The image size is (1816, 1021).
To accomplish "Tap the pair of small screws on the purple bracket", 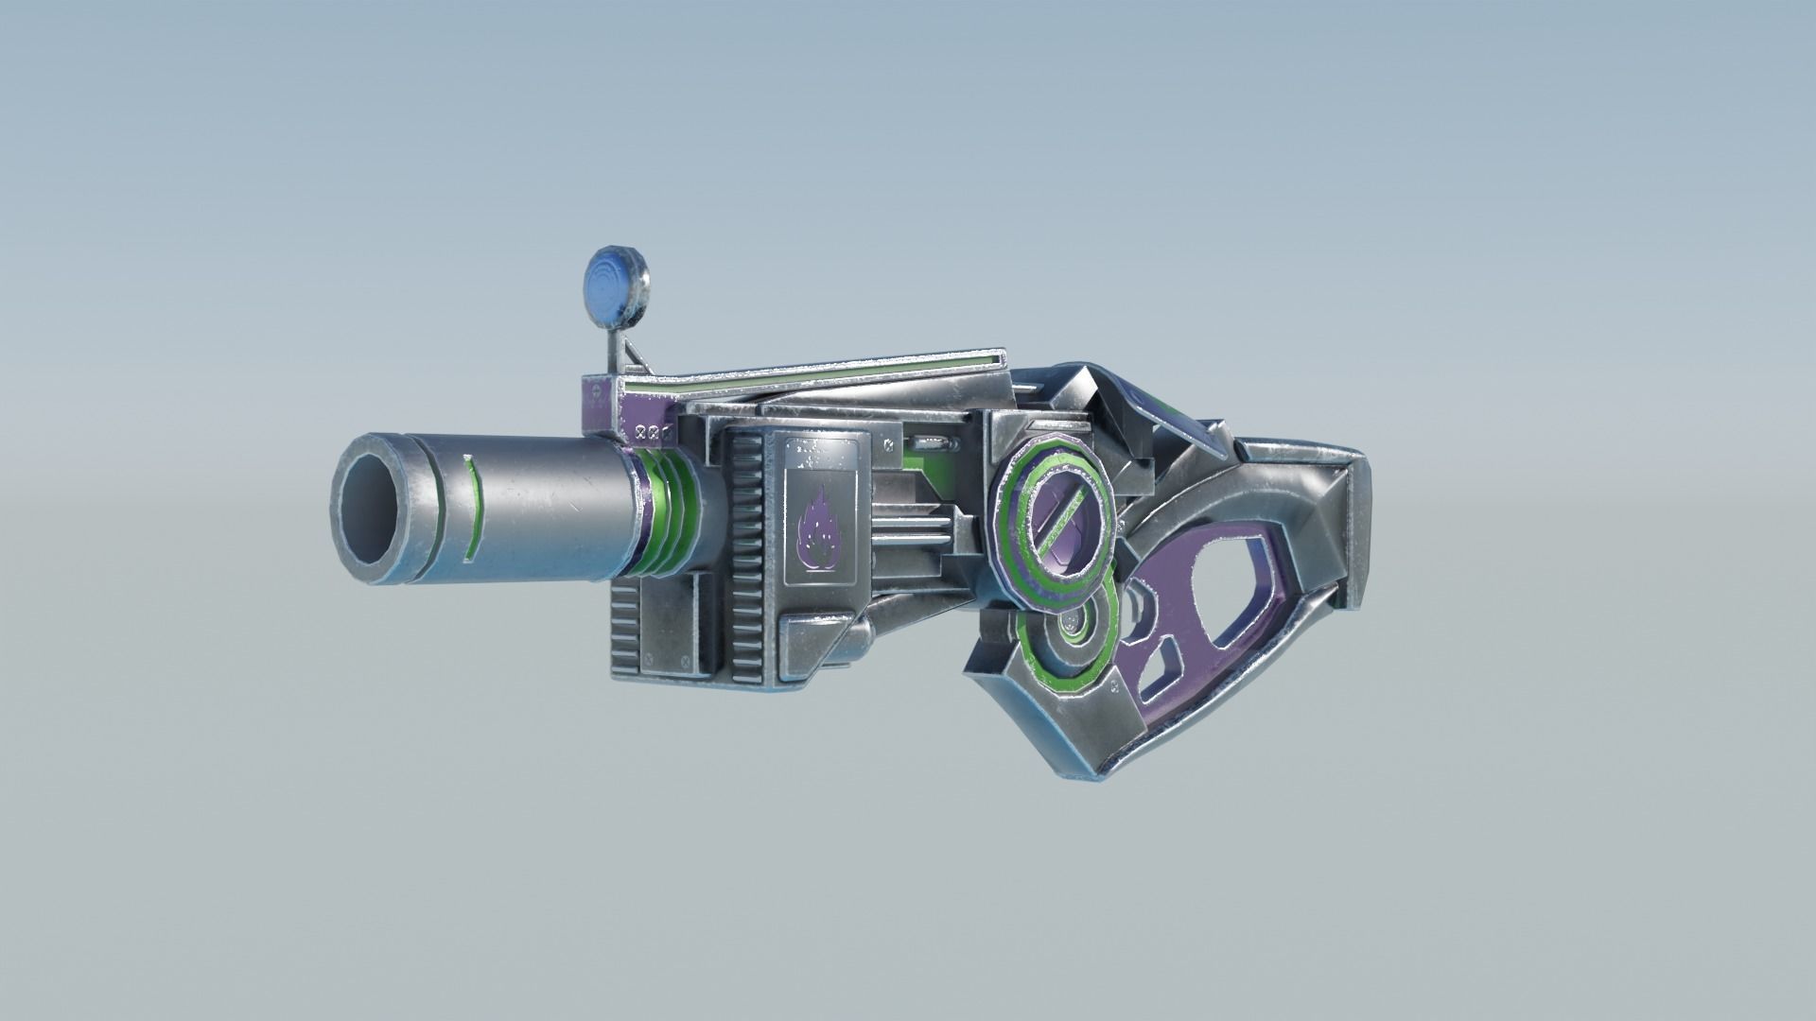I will tap(652, 431).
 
